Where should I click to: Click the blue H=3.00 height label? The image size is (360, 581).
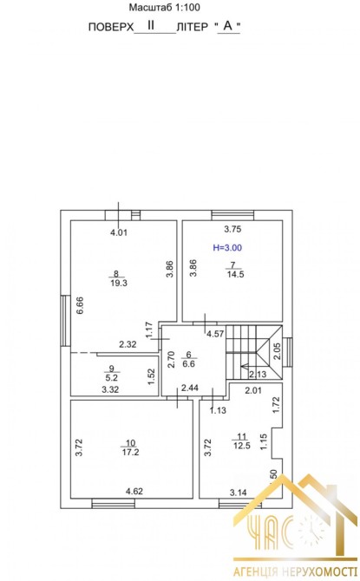[227, 247]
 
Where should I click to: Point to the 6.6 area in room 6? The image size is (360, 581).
[189, 364]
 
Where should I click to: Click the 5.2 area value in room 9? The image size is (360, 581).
[112, 378]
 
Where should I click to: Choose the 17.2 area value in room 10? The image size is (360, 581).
[130, 452]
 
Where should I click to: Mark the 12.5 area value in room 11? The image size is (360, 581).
[242, 446]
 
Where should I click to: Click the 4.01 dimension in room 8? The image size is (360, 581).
[119, 232]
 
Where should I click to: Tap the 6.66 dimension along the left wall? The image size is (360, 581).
[80, 305]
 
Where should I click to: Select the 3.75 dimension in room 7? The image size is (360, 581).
[232, 229]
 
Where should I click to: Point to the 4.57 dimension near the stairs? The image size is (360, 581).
[215, 334]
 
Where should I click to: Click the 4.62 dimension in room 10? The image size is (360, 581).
[134, 492]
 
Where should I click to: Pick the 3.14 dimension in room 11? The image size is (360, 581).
[238, 493]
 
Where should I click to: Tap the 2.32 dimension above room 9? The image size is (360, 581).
[128, 344]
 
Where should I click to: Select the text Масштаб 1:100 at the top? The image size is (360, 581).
[165, 7]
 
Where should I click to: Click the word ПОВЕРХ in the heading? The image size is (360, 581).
[111, 27]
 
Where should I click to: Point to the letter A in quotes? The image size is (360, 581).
[227, 26]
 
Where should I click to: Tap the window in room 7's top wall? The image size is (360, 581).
[232, 215]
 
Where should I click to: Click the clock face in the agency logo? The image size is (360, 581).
[311, 530]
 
